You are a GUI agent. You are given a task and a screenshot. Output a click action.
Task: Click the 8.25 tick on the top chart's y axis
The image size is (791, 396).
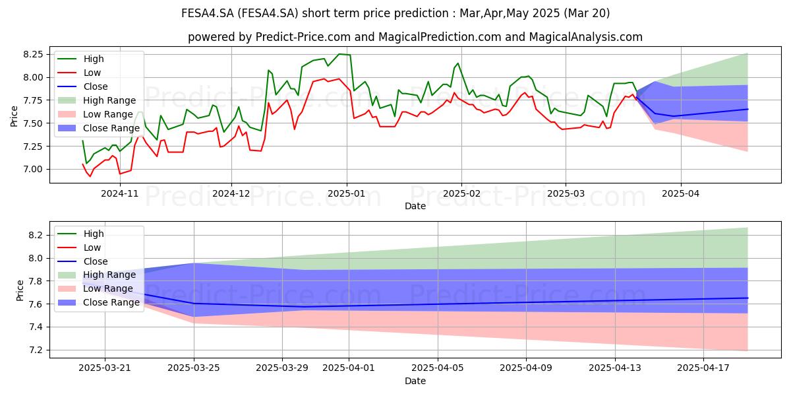(x=33, y=54)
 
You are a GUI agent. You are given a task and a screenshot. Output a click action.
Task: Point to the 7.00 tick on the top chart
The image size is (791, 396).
(x=33, y=170)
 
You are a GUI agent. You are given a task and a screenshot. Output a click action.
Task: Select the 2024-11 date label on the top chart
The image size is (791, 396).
(x=120, y=194)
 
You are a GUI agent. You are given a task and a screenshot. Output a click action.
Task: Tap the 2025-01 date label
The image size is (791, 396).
(x=347, y=194)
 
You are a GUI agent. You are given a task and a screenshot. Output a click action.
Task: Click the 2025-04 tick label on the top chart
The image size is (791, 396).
(x=680, y=194)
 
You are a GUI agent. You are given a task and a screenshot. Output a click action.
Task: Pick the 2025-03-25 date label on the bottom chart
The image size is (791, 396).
(x=194, y=368)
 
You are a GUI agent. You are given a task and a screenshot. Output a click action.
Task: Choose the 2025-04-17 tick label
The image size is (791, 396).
(x=703, y=368)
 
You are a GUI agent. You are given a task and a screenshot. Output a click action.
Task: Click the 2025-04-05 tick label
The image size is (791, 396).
(x=438, y=368)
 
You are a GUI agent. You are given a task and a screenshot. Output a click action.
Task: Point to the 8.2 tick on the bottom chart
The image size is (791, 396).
(x=36, y=236)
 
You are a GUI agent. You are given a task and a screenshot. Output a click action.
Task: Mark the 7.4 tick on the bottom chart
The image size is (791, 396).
(x=36, y=327)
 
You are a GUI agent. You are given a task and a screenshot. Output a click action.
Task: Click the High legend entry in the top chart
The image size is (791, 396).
(x=80, y=59)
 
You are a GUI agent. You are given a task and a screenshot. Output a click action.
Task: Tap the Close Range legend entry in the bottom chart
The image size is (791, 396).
(x=98, y=302)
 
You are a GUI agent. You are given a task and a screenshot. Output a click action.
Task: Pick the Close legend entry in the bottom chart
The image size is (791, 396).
(x=82, y=261)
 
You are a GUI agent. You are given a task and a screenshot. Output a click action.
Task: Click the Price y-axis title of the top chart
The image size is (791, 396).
(x=14, y=116)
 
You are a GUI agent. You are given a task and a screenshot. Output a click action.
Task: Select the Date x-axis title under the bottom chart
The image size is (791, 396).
(x=415, y=381)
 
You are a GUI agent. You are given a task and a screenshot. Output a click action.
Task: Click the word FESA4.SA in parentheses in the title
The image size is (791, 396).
(x=268, y=13)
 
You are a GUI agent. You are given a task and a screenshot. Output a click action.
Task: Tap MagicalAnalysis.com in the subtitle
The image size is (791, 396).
(x=585, y=37)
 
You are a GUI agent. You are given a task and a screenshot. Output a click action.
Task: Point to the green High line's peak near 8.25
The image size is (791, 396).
(x=339, y=54)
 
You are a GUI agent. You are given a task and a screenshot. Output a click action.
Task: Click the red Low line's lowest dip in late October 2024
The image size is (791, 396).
(x=90, y=176)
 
